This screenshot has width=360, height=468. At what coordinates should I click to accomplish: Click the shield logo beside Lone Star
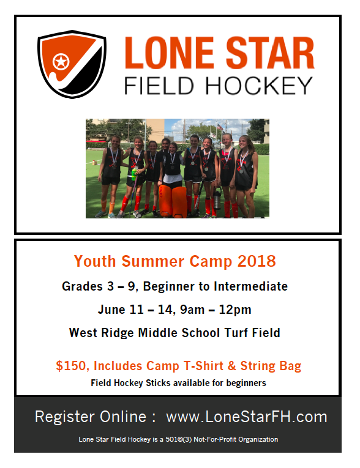tap(72, 64)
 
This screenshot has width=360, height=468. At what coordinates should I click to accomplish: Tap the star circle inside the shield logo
tap(61, 62)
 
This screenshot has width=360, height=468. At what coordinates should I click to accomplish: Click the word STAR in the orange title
tap(270, 53)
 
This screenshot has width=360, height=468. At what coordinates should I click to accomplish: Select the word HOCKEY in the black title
tap(259, 86)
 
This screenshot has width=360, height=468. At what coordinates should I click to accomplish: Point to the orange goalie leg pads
tap(173, 201)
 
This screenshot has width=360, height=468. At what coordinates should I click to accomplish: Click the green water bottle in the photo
tap(135, 174)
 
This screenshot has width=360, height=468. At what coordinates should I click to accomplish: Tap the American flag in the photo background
tap(220, 127)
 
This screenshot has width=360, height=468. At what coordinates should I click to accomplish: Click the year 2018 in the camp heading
tap(257, 261)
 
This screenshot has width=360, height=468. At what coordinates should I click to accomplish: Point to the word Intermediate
tap(250, 286)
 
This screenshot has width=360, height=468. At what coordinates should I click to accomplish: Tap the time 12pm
tap(235, 310)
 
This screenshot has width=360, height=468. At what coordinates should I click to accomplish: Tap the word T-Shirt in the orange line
tap(203, 366)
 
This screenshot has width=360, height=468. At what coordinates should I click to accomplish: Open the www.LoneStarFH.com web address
tap(247, 417)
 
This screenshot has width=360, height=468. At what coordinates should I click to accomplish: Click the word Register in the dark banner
tap(65, 417)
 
